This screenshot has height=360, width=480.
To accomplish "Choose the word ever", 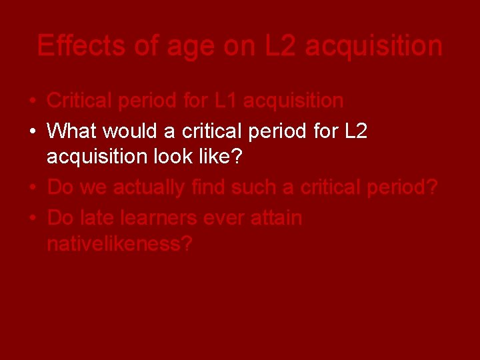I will click(x=224, y=218).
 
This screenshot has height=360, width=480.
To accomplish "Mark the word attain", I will click(x=277, y=218).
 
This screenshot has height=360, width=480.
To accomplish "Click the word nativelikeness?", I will click(x=119, y=244).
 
